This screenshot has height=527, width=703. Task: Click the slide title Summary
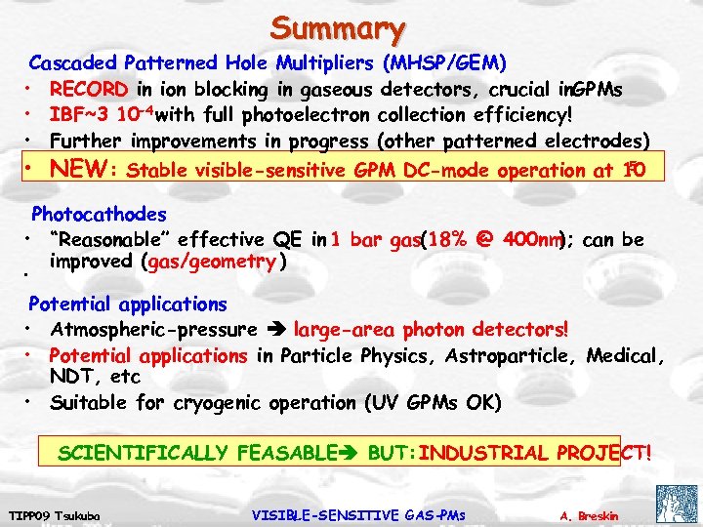pos(338,26)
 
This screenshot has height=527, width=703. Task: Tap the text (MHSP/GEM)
pos(444,63)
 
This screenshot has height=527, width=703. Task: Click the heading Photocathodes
pos(99,214)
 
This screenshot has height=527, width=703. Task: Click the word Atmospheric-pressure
pos(152,330)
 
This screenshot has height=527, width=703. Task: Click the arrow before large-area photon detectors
pos(276,330)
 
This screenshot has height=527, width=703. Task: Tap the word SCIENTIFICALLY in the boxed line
pos(147,453)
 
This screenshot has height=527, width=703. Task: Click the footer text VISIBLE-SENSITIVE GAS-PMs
pos(358,514)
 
